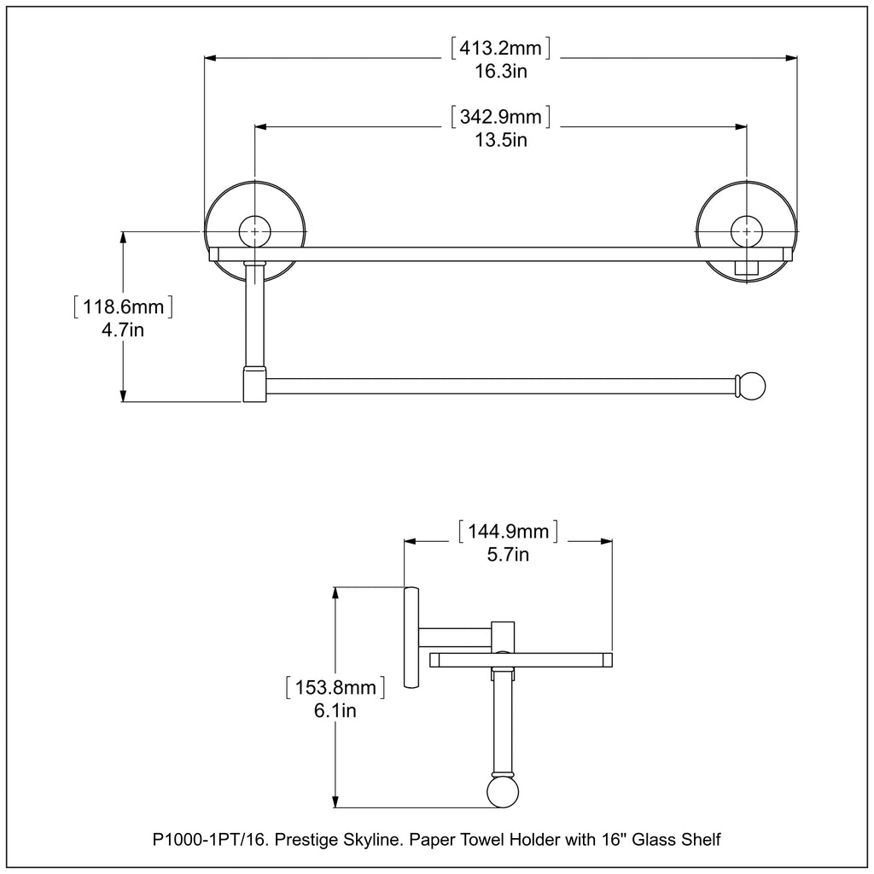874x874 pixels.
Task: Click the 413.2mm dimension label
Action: pyautogui.click(x=500, y=49)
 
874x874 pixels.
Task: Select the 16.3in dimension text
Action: pyautogui.click(x=500, y=72)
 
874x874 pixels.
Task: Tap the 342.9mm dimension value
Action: pyautogui.click(x=500, y=116)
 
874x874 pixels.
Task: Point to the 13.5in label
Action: pyautogui.click(x=500, y=139)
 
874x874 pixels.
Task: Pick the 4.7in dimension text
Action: pyautogui.click(x=123, y=330)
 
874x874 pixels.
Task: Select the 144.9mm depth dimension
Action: pyautogui.click(x=509, y=533)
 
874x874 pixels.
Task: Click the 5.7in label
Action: pyautogui.click(x=509, y=556)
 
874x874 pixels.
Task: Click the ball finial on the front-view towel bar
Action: pyautogui.click(x=753, y=385)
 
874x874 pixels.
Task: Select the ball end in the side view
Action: pyautogui.click(x=502, y=791)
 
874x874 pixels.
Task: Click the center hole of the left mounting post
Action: pyautogui.click(x=254, y=231)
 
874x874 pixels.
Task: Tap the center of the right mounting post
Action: pyautogui.click(x=747, y=231)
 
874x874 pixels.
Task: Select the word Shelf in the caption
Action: pyautogui.click(x=702, y=841)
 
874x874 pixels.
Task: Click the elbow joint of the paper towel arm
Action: pyautogui.click(x=253, y=384)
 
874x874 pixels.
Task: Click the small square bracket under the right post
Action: pyautogui.click(x=747, y=269)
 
